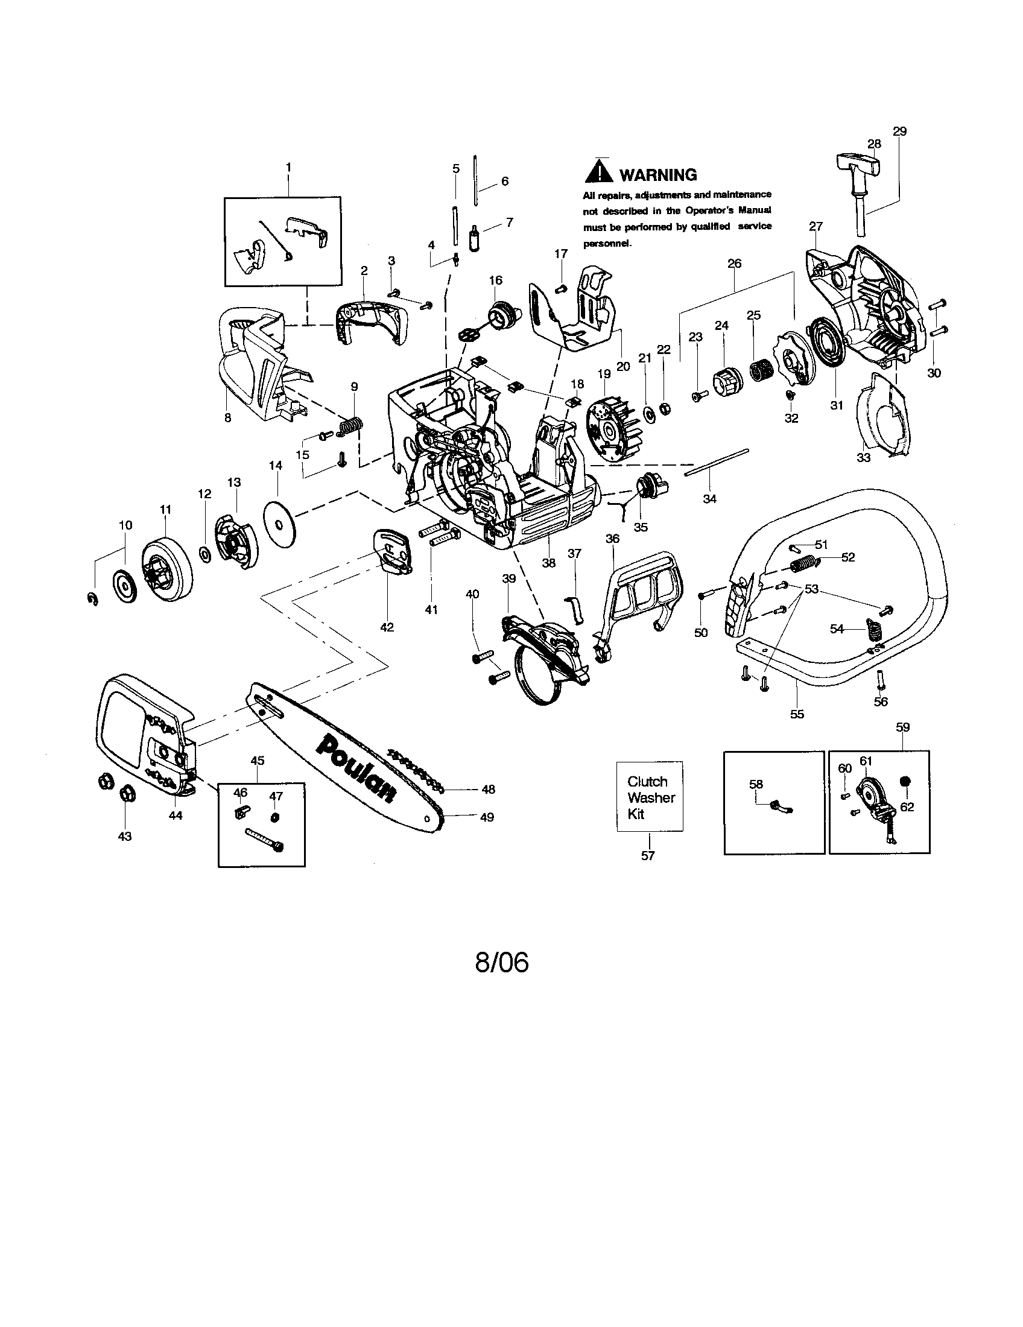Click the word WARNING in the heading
[658, 175]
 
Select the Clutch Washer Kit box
[650, 797]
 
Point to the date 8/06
[502, 963]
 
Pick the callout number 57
[648, 855]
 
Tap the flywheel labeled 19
[609, 425]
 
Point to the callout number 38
[548, 563]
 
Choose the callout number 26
[735, 264]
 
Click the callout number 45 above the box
[258, 760]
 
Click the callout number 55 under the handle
[797, 714]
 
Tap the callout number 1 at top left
[288, 166]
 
